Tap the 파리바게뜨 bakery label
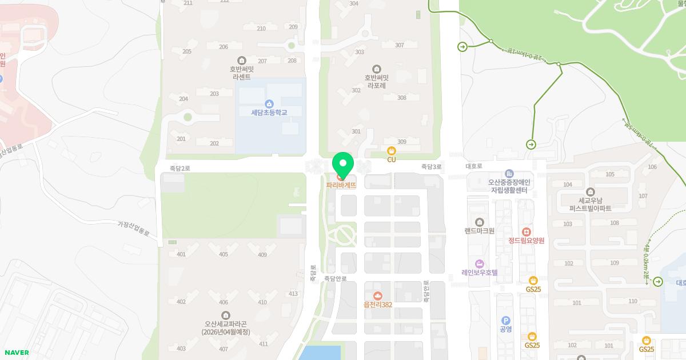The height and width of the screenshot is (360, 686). click(341, 185)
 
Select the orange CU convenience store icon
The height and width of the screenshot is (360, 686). click(392, 151)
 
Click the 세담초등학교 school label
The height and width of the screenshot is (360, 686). click(269, 113)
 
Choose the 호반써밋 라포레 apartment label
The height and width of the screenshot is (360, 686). click(376, 82)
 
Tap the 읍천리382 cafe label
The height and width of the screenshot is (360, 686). click(378, 305)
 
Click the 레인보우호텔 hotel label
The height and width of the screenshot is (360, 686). click(480, 272)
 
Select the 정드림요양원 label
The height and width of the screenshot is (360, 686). click(526, 241)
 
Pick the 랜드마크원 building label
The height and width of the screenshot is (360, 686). click(480, 231)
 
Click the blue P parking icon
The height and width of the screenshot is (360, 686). click(505, 321)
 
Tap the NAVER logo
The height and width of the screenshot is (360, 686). click(16, 353)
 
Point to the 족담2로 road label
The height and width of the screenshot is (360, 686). click(180, 169)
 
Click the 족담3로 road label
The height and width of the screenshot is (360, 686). click(432, 167)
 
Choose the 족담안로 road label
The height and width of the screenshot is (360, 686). click(336, 279)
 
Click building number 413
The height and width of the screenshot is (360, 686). click(293, 294)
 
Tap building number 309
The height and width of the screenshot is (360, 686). click(401, 142)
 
